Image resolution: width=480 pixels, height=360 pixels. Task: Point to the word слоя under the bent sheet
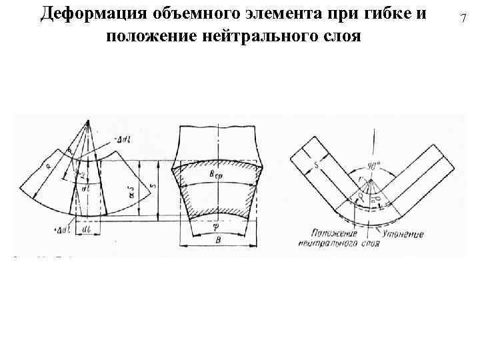(368, 245)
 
